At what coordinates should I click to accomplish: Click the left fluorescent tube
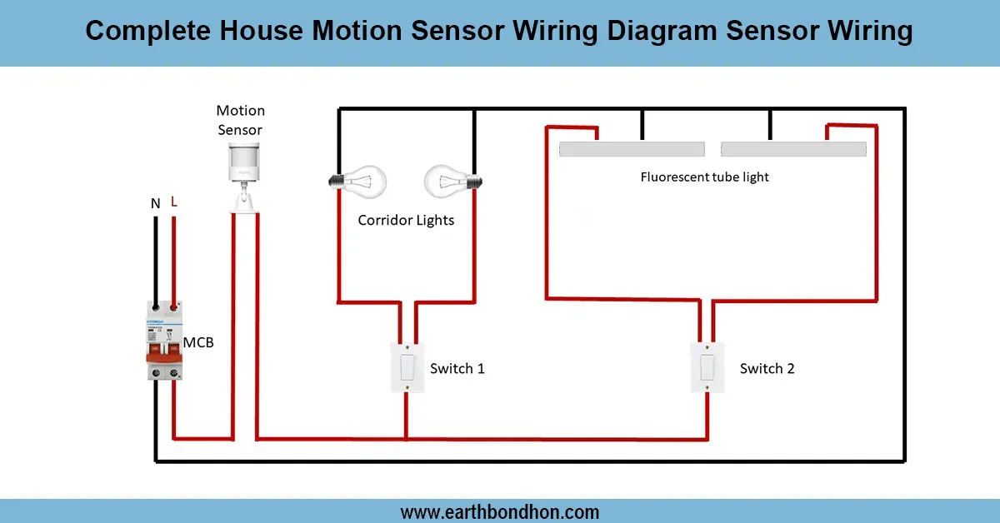(632, 149)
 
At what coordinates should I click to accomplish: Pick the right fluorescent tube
(793, 149)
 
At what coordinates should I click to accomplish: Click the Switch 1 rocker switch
(407, 366)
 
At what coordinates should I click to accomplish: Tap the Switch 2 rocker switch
(707, 366)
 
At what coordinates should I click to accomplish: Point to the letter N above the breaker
(155, 203)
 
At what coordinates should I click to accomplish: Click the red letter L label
(174, 202)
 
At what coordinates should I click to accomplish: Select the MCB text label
(198, 341)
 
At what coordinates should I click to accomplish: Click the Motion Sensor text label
(240, 120)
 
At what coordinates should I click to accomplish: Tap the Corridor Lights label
(406, 221)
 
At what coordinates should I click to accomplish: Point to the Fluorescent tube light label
(704, 177)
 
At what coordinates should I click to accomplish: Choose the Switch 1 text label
(457, 368)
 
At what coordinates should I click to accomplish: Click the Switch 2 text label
(767, 368)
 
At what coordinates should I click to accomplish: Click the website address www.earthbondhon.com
(500, 511)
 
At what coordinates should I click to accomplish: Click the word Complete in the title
(150, 32)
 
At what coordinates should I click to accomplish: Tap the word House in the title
(264, 32)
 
